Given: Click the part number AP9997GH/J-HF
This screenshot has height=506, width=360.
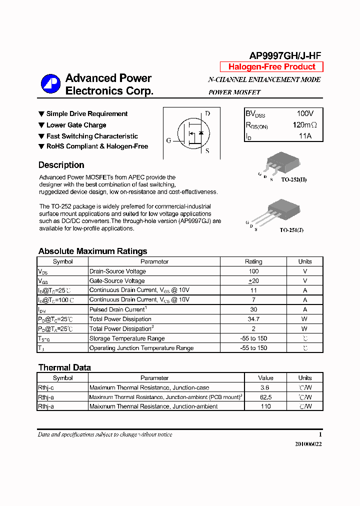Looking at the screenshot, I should (x=285, y=56).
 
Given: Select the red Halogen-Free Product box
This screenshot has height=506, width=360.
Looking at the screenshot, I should (x=271, y=67).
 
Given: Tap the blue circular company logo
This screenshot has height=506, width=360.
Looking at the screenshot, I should (x=50, y=84).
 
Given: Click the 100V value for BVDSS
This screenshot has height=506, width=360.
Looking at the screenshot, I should (x=305, y=113).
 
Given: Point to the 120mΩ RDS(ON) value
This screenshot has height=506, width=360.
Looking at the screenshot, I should (x=304, y=125).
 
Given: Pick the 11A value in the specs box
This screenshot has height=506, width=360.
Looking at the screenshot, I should (x=305, y=136).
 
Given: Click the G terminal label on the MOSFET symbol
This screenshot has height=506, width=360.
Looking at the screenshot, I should (x=168, y=140).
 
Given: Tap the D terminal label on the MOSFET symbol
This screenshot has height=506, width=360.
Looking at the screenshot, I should (x=207, y=113).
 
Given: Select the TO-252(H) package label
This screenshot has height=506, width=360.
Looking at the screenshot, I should (x=293, y=179).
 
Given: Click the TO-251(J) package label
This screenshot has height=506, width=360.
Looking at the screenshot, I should (x=291, y=230).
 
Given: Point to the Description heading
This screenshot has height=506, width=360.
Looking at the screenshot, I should (x=61, y=165).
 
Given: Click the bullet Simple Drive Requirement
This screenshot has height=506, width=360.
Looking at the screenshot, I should (x=86, y=114).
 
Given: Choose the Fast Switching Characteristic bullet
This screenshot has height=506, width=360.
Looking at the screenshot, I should (x=91, y=136).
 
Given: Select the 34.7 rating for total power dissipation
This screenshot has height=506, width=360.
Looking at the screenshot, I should (x=253, y=319).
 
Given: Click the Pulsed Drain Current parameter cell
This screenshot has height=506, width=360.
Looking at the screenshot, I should (x=118, y=309).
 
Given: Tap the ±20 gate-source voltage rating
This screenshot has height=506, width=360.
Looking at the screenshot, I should (x=253, y=281).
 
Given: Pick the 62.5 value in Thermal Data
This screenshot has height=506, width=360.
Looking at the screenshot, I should (x=265, y=397).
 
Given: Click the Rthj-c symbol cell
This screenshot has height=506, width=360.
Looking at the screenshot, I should (x=46, y=387).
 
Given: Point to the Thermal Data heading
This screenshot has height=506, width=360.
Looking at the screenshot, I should (x=64, y=367).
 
